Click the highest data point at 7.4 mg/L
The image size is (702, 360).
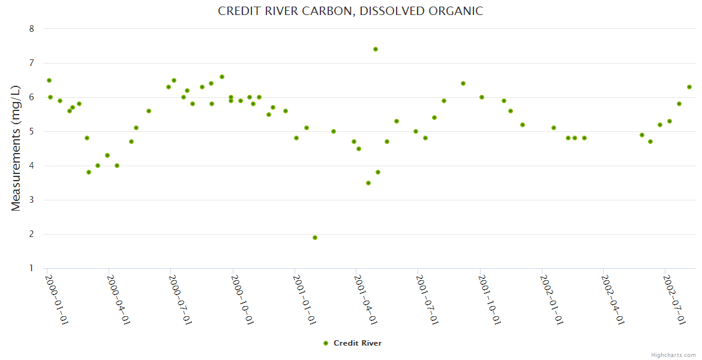376,49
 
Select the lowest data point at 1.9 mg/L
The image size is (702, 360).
315,238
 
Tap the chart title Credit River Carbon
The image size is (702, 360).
350,11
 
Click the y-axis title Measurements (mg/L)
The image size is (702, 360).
16,148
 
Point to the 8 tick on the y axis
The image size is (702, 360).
32,29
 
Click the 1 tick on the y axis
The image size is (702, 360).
32,268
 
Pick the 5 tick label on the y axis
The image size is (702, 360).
32,131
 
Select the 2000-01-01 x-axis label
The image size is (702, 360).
58,299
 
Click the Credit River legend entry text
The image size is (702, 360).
358,343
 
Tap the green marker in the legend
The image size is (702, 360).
326,343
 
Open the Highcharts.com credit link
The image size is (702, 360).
673,355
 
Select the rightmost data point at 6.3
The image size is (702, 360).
689,87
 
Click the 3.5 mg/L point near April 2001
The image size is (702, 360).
368,183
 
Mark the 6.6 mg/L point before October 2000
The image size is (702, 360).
222,77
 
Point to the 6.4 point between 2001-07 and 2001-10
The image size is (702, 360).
463,83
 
